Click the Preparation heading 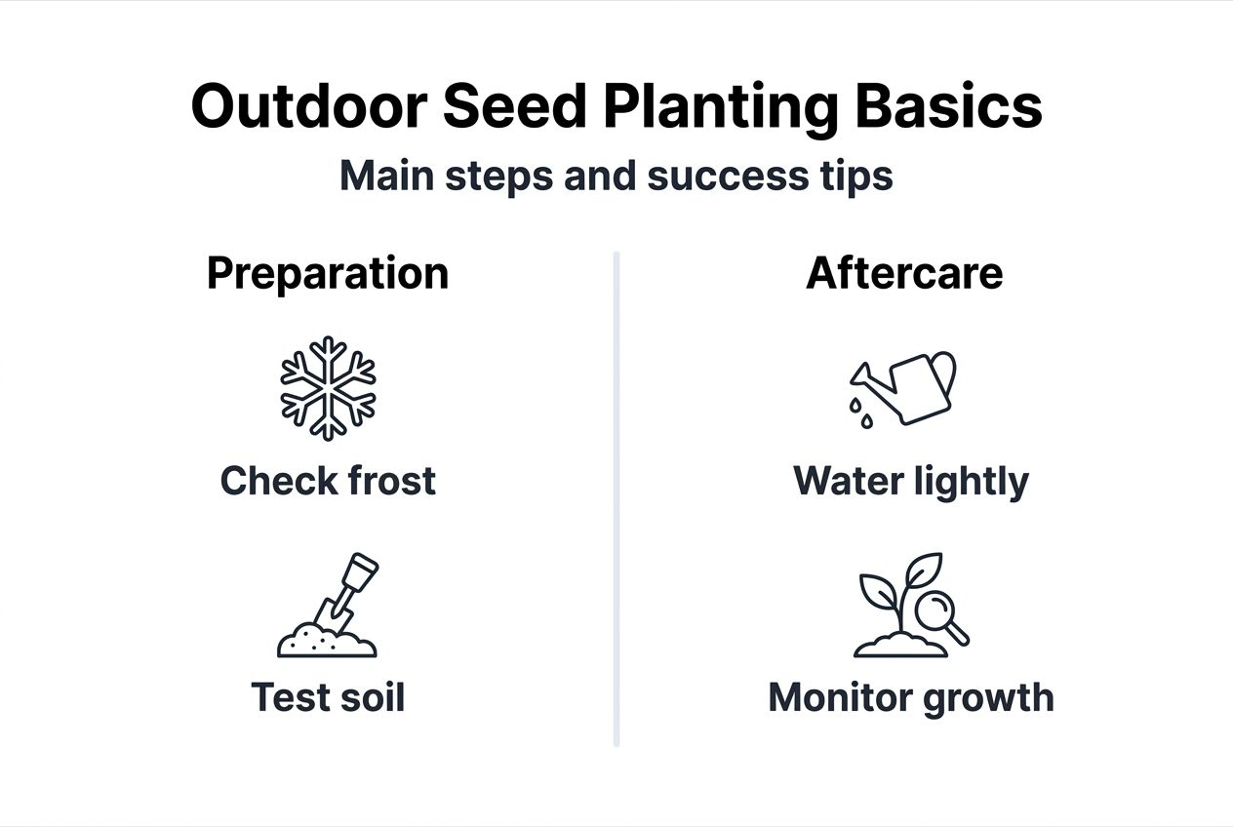point(328,274)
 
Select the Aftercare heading point(904,274)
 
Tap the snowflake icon point(328,388)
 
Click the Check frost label point(328,481)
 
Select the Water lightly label point(911,482)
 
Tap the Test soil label point(328,697)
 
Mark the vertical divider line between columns point(616,497)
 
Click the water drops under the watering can point(860,410)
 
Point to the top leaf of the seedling point(923,569)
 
